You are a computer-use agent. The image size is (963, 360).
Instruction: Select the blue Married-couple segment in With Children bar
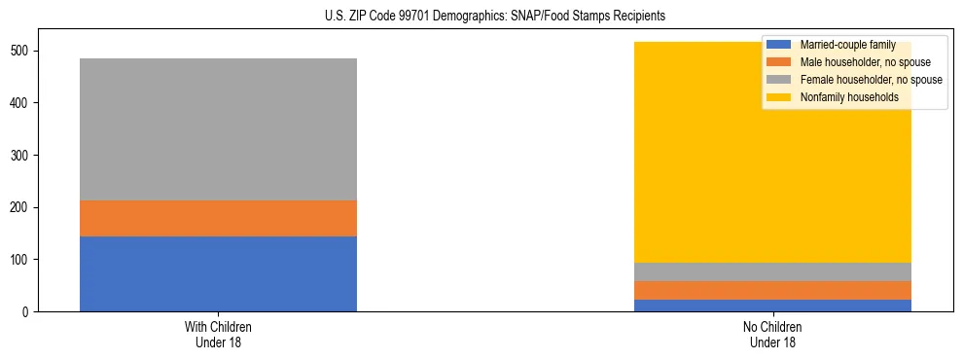pyautogui.click(x=218, y=273)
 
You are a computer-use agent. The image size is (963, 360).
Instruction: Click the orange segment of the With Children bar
pyautogui.click(x=218, y=218)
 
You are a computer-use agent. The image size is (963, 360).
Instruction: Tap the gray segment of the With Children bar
pyautogui.click(x=218, y=129)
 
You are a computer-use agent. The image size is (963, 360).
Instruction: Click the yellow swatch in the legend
pyautogui.click(x=779, y=97)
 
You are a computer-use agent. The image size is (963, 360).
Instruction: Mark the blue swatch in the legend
pyautogui.click(x=779, y=45)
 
